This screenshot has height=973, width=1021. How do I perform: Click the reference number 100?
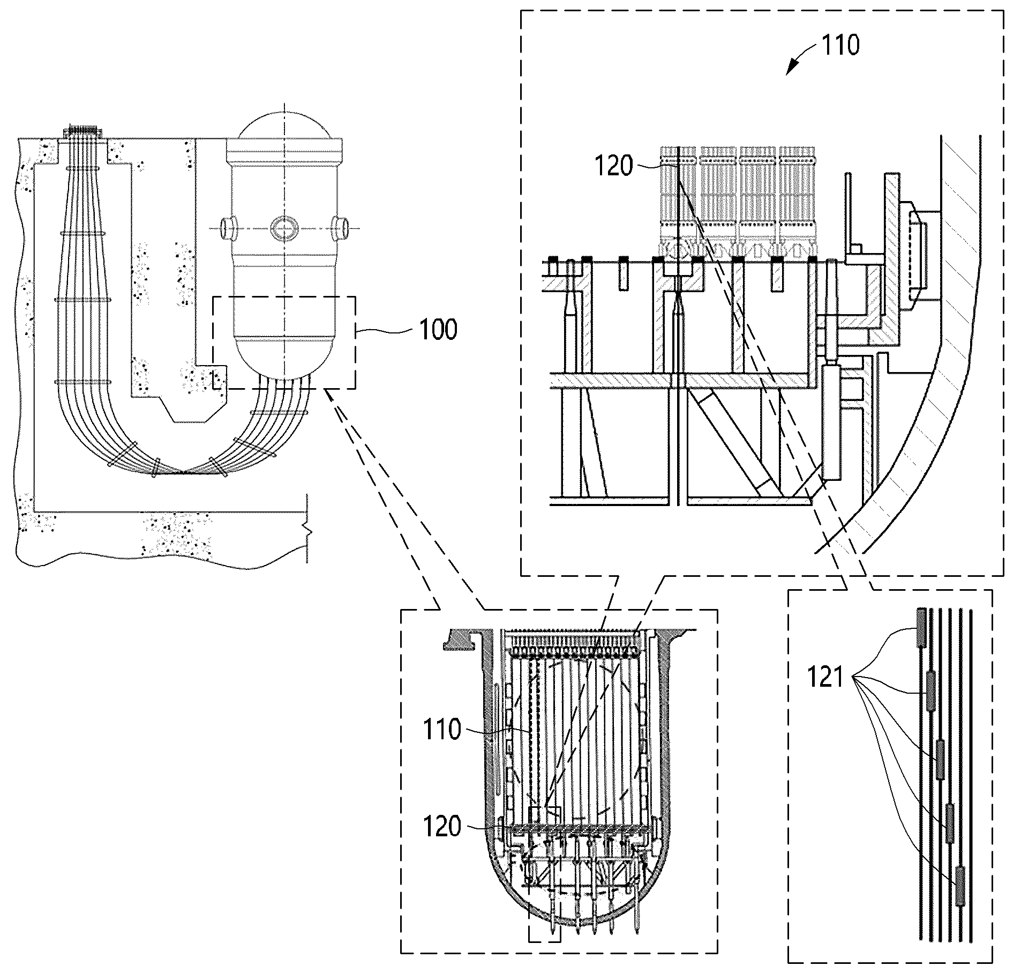[x=438, y=329]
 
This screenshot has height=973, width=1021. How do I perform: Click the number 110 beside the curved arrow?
[x=840, y=45]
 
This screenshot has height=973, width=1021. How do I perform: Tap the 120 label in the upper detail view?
[x=614, y=166]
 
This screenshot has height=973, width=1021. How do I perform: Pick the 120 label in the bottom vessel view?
[x=442, y=827]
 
